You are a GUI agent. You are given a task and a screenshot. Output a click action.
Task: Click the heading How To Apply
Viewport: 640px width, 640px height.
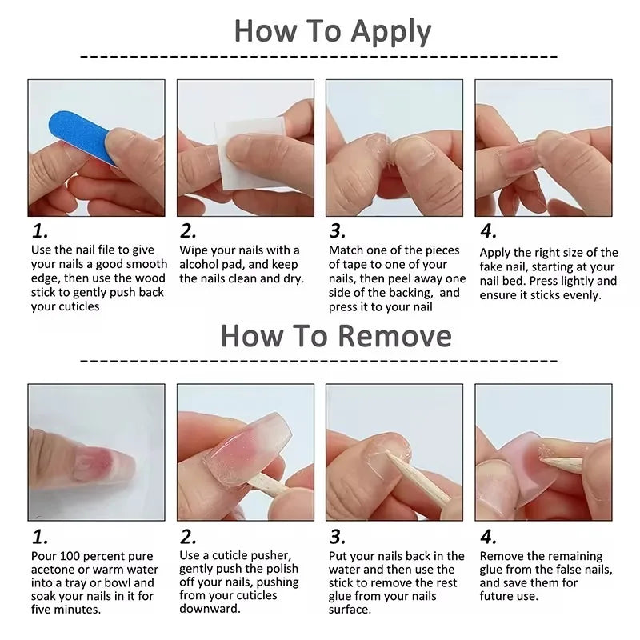[332, 31]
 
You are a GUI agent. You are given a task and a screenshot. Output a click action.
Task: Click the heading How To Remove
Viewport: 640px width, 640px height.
[336, 335]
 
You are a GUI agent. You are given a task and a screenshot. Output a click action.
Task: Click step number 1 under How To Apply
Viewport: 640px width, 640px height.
[40, 232]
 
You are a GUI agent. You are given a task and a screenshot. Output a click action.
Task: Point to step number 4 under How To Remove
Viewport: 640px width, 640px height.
[488, 536]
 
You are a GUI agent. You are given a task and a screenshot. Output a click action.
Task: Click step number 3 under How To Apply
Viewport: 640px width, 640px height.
[338, 232]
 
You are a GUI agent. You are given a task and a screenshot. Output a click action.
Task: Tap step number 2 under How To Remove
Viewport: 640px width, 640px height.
[188, 536]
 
